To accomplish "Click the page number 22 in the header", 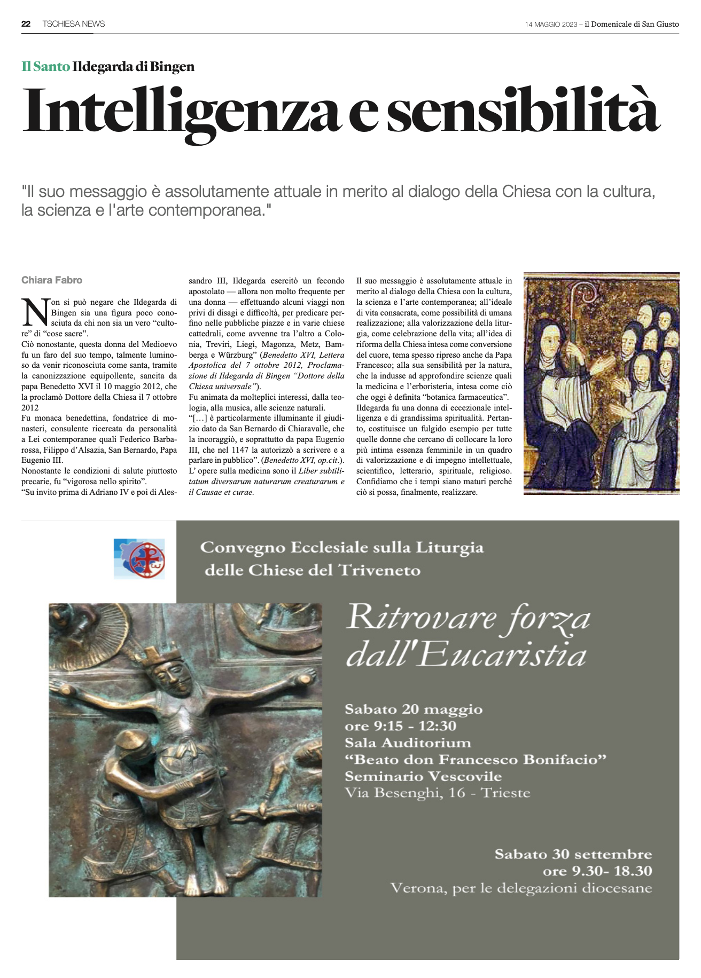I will pos(26,24).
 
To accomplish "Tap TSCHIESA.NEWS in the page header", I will pos(74,24).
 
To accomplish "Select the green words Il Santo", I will pos(45,67).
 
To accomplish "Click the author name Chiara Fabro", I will pos(52,280).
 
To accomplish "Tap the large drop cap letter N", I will pos(35,313).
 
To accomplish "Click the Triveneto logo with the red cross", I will pos(139,559).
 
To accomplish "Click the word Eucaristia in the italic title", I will pos(502,656).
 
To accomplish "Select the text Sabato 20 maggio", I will pos(414,709).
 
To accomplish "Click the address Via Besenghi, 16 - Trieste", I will pos(438,793).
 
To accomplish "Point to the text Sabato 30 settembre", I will pos(573,854).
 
